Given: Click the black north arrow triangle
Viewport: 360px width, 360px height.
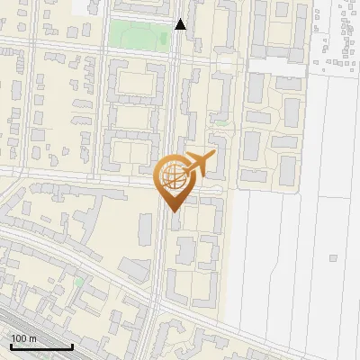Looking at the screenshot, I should [181, 24].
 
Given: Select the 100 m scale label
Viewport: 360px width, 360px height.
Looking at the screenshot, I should [23, 338].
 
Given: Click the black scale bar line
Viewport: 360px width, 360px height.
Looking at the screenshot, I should [41, 346].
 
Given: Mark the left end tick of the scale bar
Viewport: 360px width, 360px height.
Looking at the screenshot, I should [11, 346].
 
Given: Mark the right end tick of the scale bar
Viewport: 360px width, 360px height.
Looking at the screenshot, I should [72, 346].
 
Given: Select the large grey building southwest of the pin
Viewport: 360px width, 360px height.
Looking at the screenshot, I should [135, 269].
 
